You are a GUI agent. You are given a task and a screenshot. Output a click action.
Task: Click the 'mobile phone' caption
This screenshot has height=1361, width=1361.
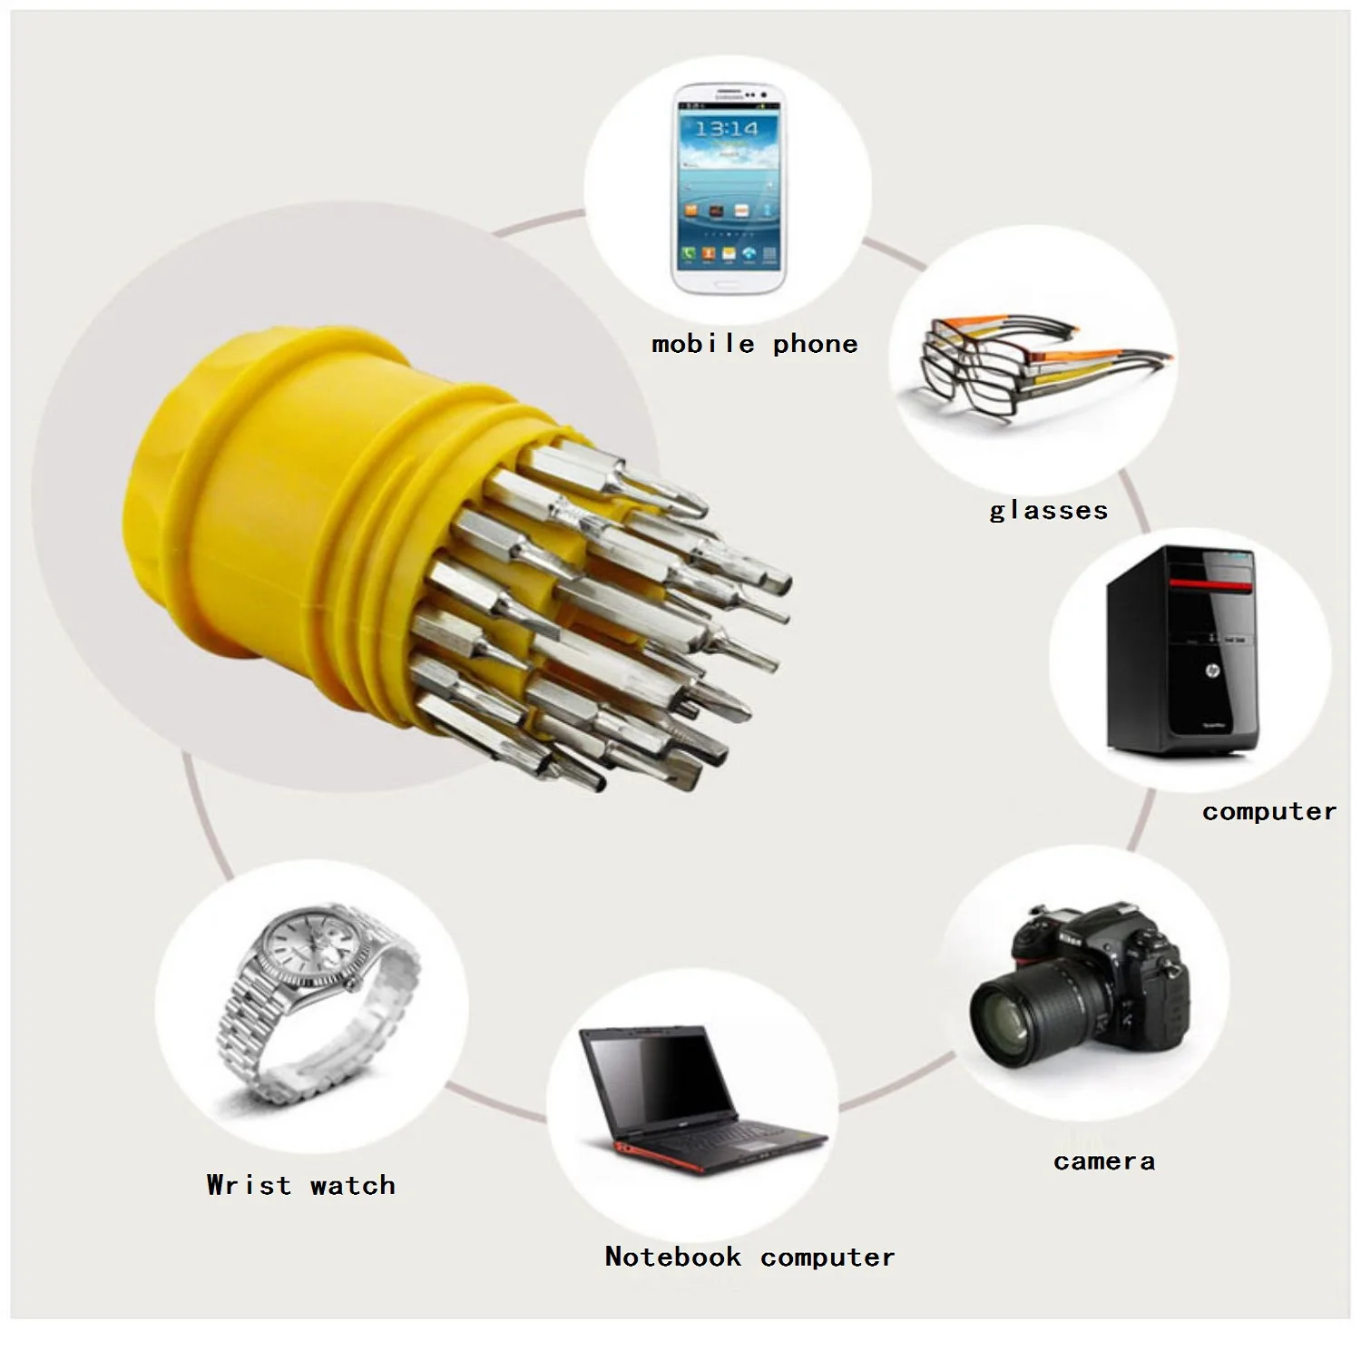[x=754, y=344]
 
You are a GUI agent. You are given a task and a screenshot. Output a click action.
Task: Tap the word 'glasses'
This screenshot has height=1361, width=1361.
[x=1048, y=510]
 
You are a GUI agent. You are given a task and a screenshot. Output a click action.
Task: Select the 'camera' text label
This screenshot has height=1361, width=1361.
[x=1104, y=1161]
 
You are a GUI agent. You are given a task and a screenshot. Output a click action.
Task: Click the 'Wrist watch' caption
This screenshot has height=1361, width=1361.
[x=300, y=1185]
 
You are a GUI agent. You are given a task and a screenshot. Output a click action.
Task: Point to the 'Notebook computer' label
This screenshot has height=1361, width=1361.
[x=749, y=1257]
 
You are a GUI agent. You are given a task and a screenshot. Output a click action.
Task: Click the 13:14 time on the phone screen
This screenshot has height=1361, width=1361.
[x=727, y=129]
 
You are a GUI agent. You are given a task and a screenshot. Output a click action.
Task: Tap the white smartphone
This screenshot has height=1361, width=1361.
[x=729, y=188]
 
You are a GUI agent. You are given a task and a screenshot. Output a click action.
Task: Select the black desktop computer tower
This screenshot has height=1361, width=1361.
[x=1181, y=651]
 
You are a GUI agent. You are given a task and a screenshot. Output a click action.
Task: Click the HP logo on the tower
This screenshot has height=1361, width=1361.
[x=1213, y=671]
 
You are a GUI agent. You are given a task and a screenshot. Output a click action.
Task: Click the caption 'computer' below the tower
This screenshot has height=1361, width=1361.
[x=1269, y=811]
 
